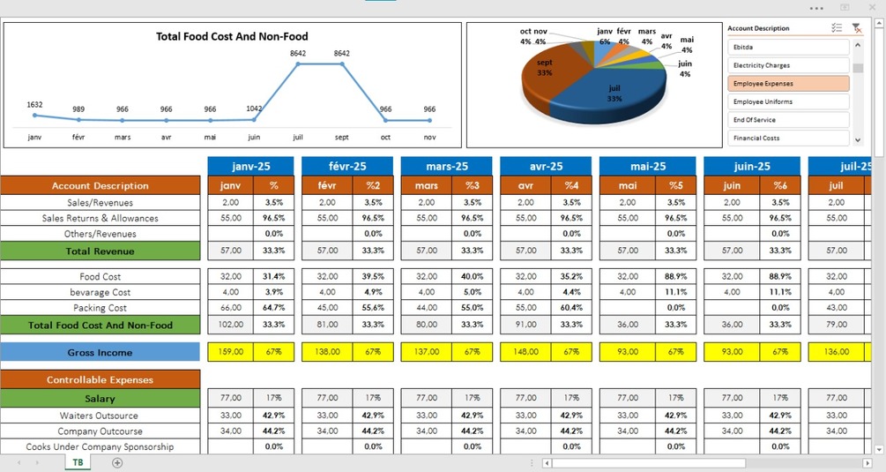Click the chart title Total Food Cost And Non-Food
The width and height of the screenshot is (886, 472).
[x=232, y=36]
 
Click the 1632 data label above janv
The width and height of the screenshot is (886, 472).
[x=34, y=104]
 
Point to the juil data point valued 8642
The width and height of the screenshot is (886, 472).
[x=298, y=64]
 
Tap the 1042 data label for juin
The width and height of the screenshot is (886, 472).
[x=254, y=109]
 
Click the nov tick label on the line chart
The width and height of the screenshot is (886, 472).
[x=429, y=137]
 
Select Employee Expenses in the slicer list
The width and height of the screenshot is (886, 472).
[x=788, y=84]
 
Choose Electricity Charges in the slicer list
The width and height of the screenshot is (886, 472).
[x=788, y=65]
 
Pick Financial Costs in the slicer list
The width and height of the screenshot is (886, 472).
[x=788, y=139]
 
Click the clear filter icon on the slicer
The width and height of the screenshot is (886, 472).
[x=856, y=28]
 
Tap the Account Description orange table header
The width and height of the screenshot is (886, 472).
[x=101, y=186]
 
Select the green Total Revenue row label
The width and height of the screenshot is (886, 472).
[x=101, y=251]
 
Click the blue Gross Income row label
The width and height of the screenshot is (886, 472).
[x=101, y=353]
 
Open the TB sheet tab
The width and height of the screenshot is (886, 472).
[x=78, y=462]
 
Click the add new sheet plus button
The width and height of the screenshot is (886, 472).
[x=117, y=462]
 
